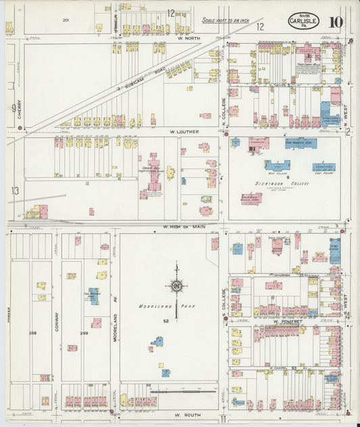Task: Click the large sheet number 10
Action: pos(335,22)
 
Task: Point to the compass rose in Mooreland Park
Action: pos(176,286)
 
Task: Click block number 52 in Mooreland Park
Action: pos(164,320)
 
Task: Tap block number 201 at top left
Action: pos(66,20)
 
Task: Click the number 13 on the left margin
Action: pos(14,191)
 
